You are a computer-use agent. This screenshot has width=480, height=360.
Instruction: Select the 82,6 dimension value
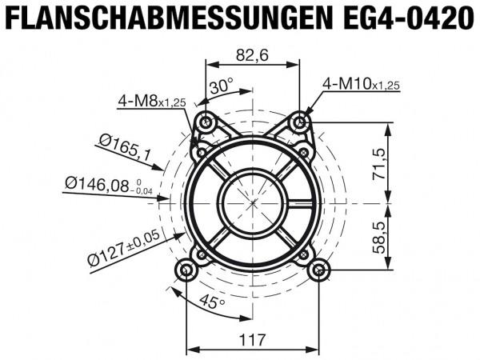pos(253,55)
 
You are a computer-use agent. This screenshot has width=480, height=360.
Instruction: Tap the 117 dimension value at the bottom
pos(253,340)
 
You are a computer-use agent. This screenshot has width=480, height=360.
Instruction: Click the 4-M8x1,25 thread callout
pos(152,101)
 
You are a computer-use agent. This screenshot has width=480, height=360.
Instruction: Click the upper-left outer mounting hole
pos(207,122)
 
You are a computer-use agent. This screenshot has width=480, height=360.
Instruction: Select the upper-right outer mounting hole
pos(301,122)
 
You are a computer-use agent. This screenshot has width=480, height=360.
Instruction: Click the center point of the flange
pos(254,202)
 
